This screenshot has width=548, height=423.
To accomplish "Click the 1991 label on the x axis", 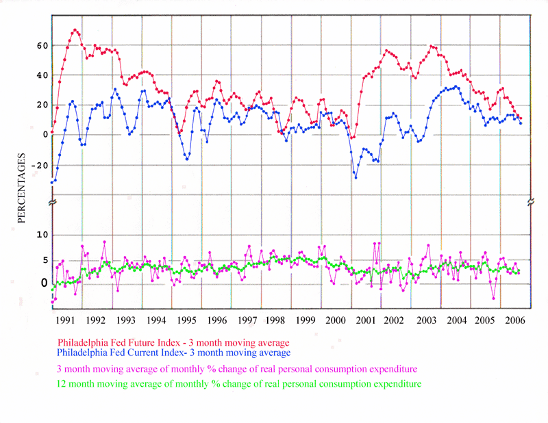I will pos(65,320).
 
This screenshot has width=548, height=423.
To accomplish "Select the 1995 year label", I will pos(186,320).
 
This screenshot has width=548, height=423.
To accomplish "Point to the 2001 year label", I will pos(366,320).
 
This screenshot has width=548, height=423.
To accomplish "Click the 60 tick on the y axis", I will pos(42,46).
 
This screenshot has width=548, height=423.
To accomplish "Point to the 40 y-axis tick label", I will pos(42,75).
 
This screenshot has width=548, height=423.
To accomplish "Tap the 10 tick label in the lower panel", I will pos(42,235).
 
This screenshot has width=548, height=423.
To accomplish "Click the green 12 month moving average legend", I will pos(238,385).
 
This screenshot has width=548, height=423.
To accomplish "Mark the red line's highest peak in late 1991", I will pos(75,30).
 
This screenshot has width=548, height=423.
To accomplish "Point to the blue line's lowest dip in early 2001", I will pos(356,177).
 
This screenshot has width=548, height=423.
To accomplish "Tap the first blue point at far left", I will pos(52,182).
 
